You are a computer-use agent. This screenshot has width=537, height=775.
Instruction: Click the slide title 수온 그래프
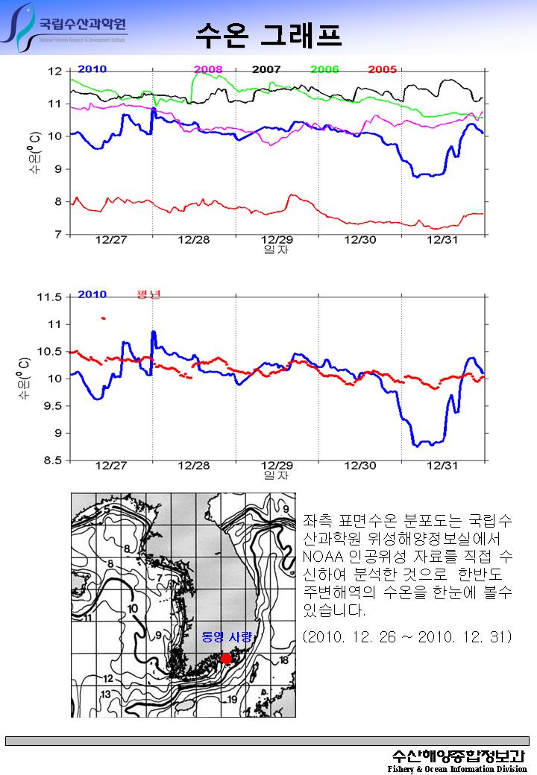tap(268, 34)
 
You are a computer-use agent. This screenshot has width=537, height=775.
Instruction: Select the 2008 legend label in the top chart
tap(208, 69)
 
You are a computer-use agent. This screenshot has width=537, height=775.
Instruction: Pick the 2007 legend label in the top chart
tap(266, 69)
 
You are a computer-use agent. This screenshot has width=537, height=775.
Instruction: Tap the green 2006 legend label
tap(324, 69)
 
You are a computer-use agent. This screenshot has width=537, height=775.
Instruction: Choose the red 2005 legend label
tap(383, 69)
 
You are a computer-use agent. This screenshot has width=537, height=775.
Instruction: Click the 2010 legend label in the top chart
tap(92, 69)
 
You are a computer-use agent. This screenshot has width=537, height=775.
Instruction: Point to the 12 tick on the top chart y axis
tap(55, 72)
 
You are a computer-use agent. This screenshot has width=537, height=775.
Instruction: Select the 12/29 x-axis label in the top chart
tap(277, 240)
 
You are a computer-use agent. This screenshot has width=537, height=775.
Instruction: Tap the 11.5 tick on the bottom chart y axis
tap(50, 297)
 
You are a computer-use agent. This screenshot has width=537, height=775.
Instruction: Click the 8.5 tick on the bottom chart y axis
tap(52, 461)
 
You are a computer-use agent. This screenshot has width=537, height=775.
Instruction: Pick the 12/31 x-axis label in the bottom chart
tap(442, 466)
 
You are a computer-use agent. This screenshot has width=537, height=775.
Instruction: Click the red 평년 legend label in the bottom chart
tap(148, 294)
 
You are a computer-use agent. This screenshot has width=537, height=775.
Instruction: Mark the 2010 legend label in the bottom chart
tap(92, 294)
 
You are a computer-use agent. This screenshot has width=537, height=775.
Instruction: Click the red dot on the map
tap(227, 659)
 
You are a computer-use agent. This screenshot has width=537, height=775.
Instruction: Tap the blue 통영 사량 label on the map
tap(227, 637)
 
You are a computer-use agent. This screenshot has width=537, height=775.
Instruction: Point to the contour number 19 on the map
tap(232, 699)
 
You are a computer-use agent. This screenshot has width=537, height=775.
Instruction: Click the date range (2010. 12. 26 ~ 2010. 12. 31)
tap(407, 637)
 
